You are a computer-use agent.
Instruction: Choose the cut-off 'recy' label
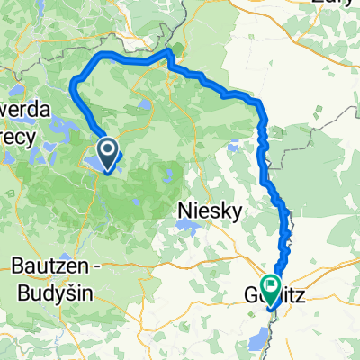coord(19,140)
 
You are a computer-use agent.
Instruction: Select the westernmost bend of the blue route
coord(72,85)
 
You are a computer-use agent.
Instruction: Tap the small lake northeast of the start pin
coord(145,110)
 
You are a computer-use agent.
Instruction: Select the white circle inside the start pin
coord(106,149)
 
